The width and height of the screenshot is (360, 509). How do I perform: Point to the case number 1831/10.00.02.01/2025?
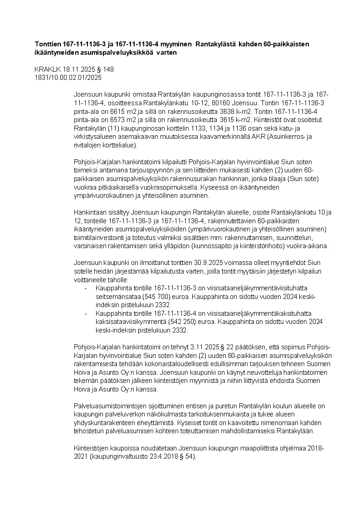click(68, 78)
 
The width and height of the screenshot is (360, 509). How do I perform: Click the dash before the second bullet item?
click(86, 313)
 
